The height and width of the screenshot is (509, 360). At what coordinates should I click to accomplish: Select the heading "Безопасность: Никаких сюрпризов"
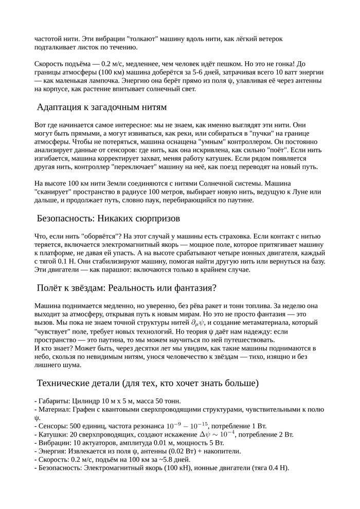[108, 219]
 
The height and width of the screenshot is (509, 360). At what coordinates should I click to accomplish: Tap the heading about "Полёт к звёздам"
[127, 287]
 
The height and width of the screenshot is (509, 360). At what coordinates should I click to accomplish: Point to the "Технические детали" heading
[148, 383]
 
